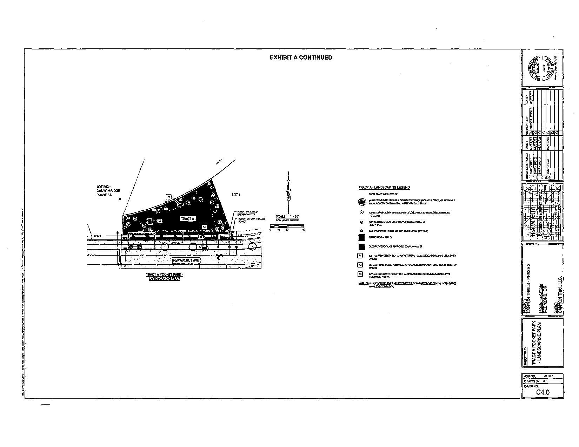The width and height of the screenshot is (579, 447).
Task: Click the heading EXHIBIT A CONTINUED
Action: pos(301,57)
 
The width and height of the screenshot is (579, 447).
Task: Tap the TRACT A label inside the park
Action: pos(187,219)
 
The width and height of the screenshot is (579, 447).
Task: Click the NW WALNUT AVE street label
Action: pos(186,261)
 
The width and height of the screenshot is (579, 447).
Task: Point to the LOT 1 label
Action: pos(236,195)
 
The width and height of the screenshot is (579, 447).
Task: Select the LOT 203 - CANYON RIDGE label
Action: pos(108,191)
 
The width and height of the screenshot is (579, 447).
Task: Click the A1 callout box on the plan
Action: pos(168,197)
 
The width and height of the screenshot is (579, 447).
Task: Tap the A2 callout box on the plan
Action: pos(159,222)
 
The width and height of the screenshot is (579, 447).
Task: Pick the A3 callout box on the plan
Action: pos(204,227)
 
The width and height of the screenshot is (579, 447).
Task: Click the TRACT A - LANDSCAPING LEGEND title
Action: pos(384,188)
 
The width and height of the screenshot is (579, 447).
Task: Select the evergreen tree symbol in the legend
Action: pos(361,202)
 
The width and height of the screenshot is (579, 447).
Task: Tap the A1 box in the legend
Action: pos(360,256)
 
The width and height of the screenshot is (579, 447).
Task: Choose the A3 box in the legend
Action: pos(360,274)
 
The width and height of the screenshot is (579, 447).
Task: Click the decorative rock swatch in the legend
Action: pos(361,246)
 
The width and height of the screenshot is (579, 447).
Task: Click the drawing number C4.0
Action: pos(543,392)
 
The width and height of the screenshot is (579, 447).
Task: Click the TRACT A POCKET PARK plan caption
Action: pos(165,276)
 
